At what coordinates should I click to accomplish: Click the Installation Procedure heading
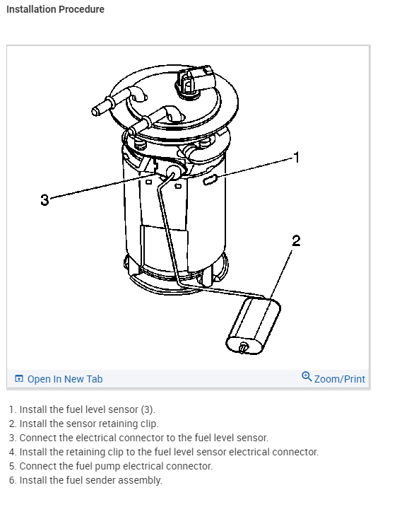(x=55, y=9)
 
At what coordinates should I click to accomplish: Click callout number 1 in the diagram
(x=297, y=158)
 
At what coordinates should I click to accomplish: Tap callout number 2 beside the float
(x=296, y=241)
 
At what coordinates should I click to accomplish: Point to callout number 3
(x=45, y=199)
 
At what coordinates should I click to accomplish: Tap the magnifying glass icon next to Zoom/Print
(x=307, y=377)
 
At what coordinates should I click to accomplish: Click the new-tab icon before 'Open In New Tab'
(x=19, y=378)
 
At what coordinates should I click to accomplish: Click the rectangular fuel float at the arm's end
(x=254, y=327)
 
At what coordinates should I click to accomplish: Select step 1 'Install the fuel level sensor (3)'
(x=82, y=409)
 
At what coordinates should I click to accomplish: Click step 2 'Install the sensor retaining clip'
(x=83, y=424)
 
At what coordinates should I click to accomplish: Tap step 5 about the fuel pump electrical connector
(x=111, y=466)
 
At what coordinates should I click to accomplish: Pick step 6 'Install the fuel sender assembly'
(x=85, y=480)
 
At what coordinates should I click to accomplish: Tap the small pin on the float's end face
(x=243, y=347)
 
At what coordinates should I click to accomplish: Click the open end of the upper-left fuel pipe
(x=95, y=112)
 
